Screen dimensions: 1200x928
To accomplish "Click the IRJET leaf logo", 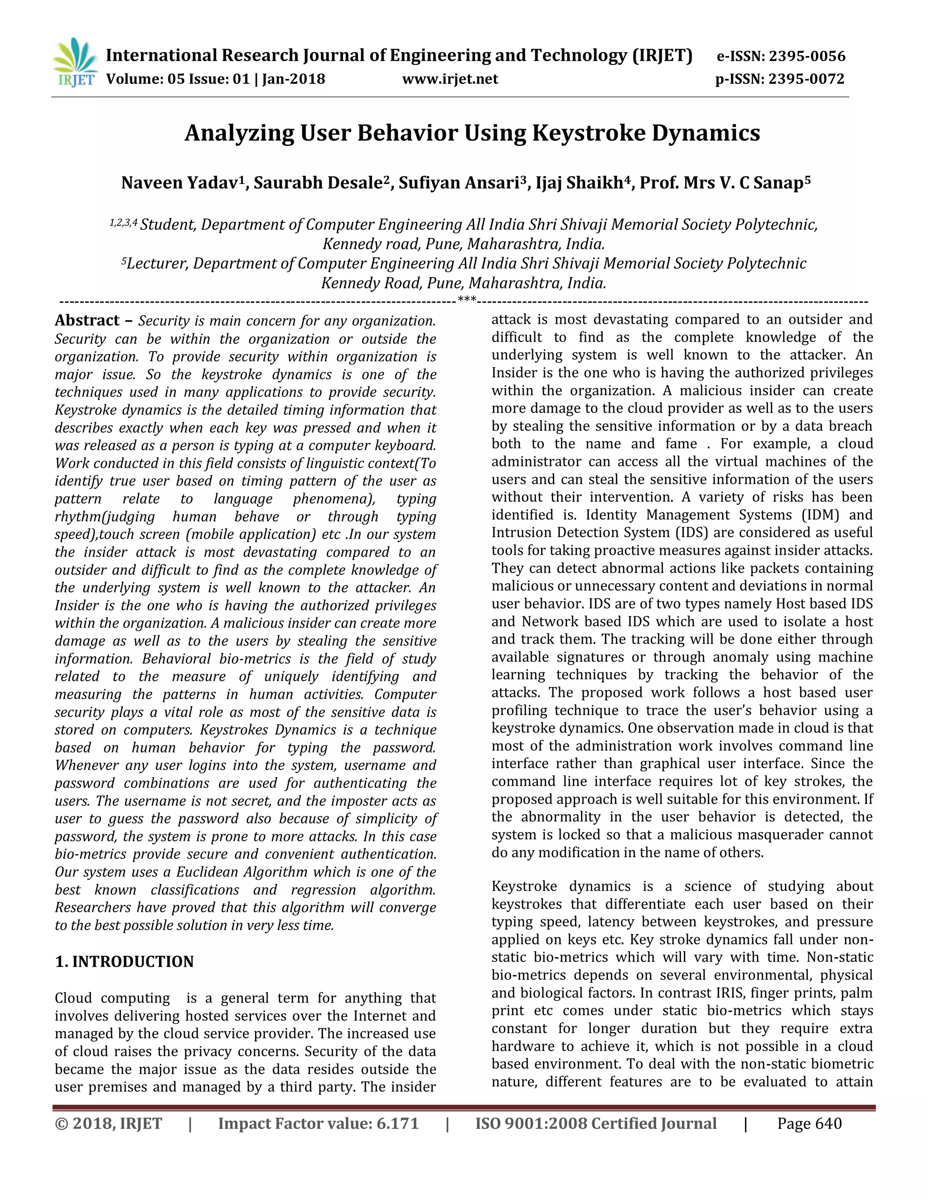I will click(x=76, y=62).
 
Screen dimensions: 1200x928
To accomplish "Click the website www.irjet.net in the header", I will click(x=449, y=79).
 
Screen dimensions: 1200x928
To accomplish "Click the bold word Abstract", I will click(x=87, y=320).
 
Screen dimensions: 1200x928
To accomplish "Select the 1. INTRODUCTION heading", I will click(x=124, y=961).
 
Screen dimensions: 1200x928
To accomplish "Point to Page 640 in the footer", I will click(x=809, y=1123).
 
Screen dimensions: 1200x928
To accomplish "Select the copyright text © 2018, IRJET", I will click(x=108, y=1123).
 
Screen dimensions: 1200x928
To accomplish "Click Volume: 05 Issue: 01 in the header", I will click(x=178, y=79).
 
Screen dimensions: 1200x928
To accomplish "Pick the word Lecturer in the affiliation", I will click(x=157, y=264).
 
